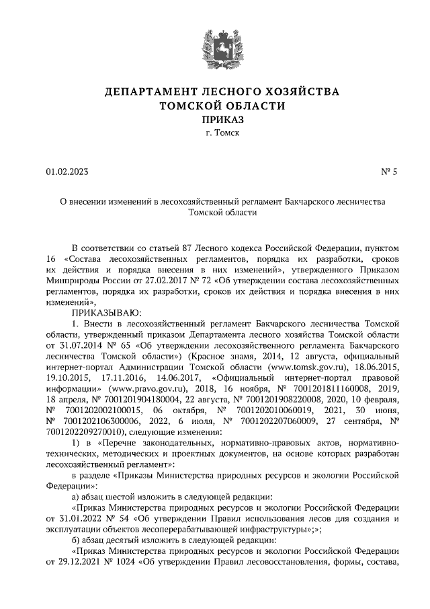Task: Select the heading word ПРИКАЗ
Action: coord(214,119)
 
